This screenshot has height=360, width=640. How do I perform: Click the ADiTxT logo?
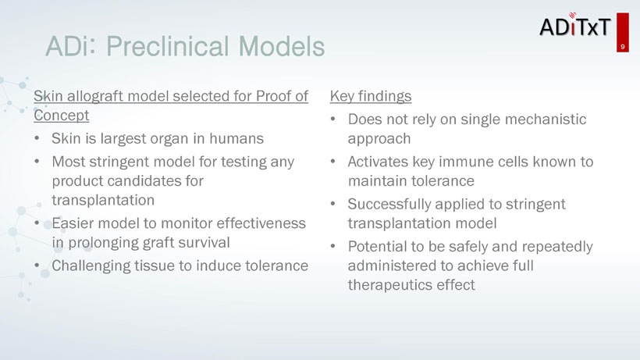[575, 26]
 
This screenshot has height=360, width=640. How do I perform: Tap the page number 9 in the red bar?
[623, 47]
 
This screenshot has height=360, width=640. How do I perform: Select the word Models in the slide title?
[282, 46]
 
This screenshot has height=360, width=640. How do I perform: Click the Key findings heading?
[371, 96]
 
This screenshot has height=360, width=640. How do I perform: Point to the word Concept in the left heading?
[61, 116]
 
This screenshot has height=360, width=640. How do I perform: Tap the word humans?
[236, 139]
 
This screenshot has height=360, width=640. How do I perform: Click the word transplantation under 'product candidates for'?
[103, 200]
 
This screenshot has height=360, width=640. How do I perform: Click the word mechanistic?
[546, 119]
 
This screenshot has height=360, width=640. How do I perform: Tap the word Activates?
[378, 162]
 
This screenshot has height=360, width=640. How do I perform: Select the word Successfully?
[389, 204]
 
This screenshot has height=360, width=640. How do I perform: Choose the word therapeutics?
[389, 285]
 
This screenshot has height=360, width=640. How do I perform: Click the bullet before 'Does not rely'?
[333, 119]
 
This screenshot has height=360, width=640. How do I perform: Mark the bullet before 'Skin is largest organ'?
[37, 138]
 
